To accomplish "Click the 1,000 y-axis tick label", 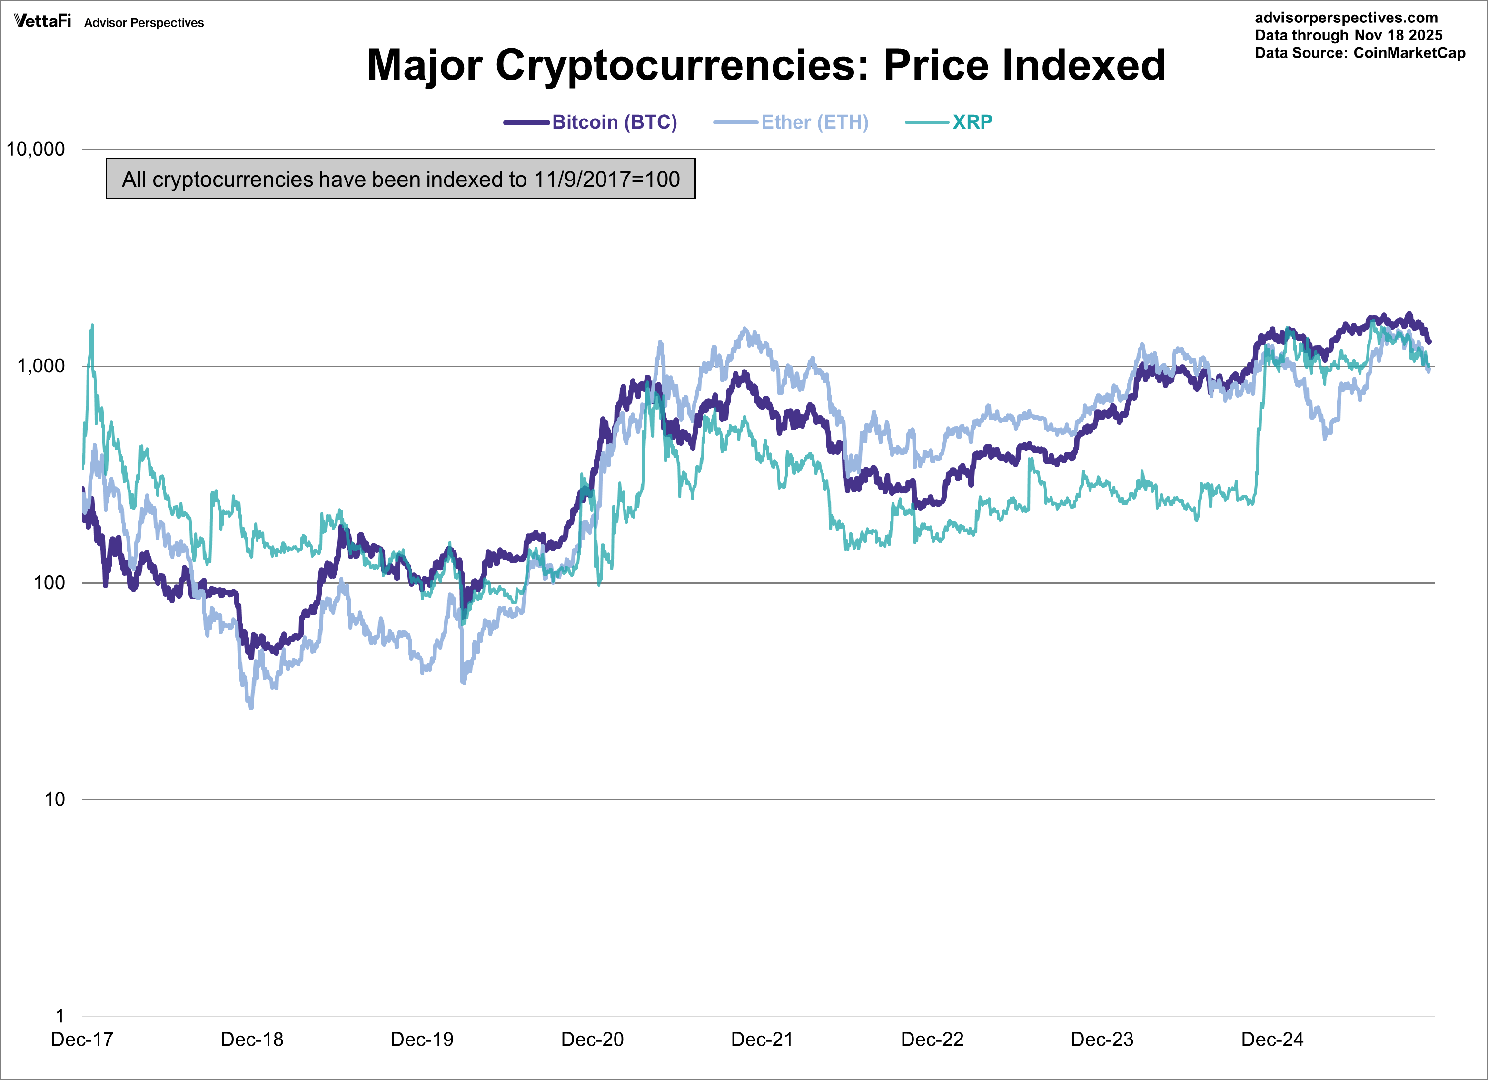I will [x=40, y=366].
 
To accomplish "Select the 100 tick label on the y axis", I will [x=49, y=583].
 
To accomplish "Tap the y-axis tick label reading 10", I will [x=54, y=800].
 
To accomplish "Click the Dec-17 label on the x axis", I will [x=82, y=1040].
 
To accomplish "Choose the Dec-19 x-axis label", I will [x=422, y=1040].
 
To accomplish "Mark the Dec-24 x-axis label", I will [x=1272, y=1040].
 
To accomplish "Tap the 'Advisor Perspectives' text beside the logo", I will [x=144, y=23].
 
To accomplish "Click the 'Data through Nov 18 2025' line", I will [x=1348, y=35].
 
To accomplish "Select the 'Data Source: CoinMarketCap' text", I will [x=1359, y=53].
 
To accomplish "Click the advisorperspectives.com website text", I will [x=1346, y=18].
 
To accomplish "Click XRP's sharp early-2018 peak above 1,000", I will [x=92, y=326].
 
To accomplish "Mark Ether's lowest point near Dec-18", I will [x=251, y=708].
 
